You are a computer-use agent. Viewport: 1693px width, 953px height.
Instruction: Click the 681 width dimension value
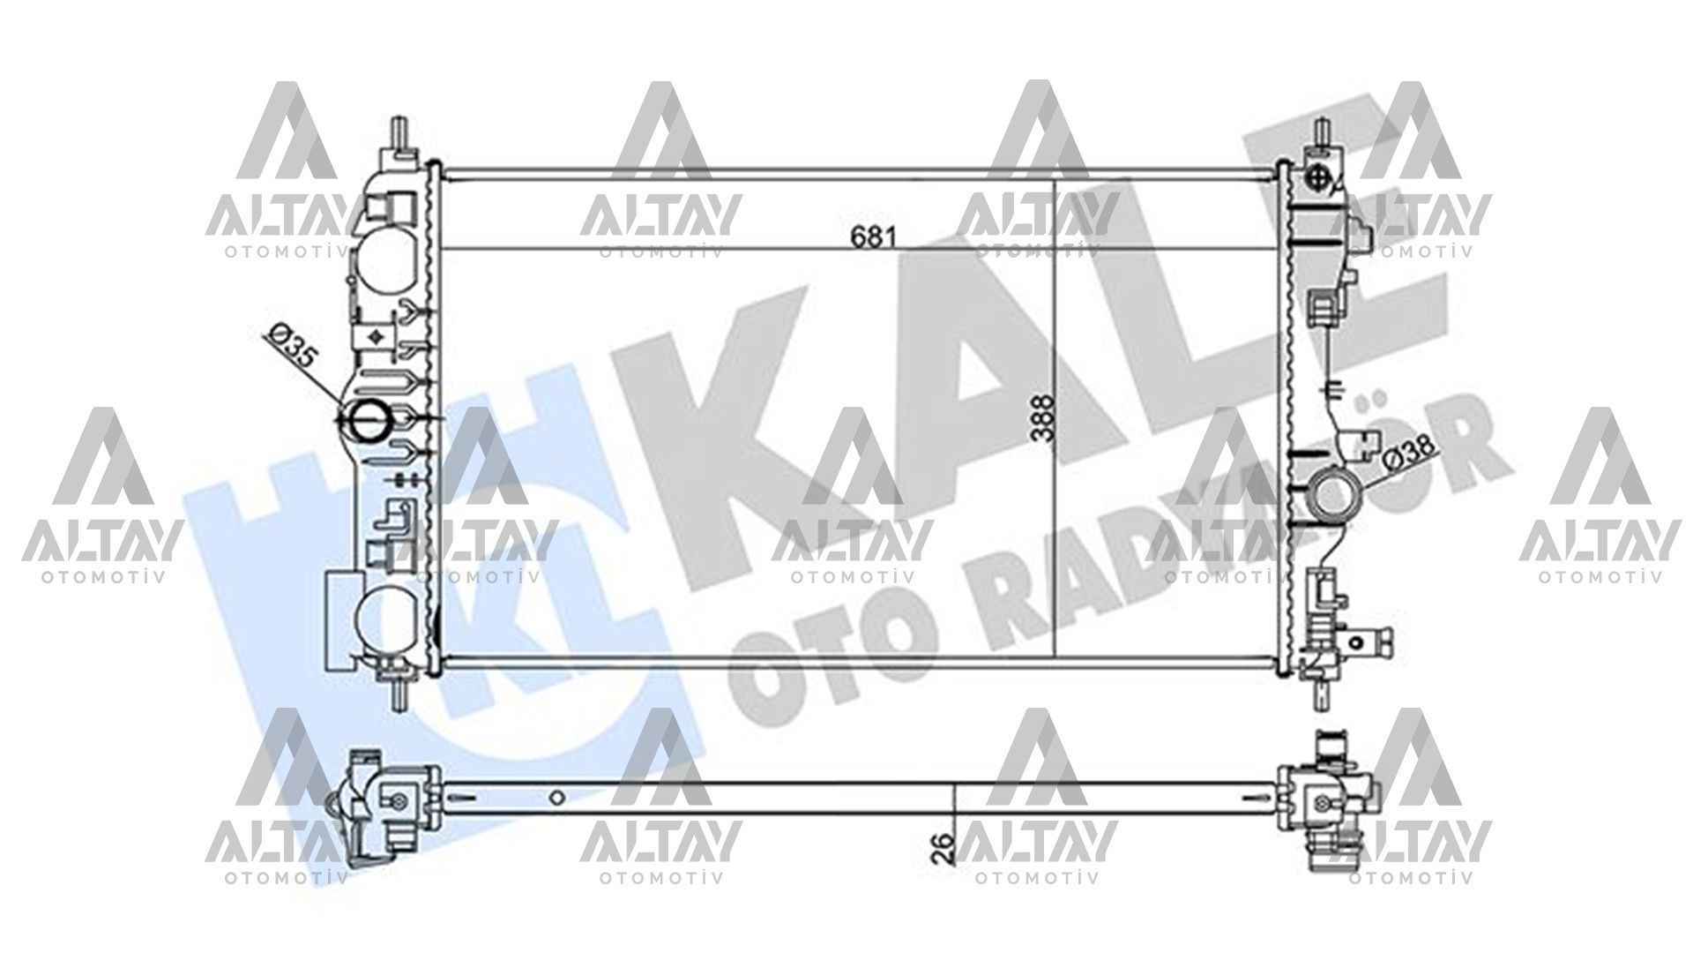(873, 236)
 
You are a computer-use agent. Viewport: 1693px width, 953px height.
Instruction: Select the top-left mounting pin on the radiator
(402, 132)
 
